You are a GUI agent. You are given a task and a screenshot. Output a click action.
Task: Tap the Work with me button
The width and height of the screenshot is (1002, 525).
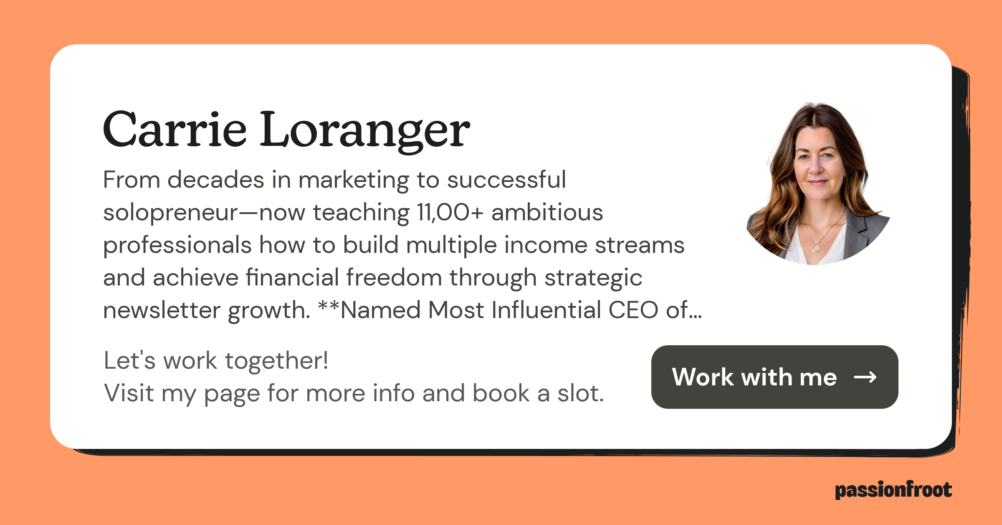(774, 377)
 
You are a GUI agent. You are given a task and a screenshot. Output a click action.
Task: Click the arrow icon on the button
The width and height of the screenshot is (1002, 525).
(865, 377)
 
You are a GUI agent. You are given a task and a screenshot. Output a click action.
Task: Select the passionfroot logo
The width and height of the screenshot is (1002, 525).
(893, 490)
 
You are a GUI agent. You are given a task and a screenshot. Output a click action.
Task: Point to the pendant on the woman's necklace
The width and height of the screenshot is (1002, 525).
(815, 249)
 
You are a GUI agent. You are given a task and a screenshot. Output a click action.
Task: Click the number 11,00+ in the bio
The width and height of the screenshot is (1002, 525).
(450, 213)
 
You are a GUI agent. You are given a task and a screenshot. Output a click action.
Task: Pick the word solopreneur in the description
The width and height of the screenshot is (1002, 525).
(170, 213)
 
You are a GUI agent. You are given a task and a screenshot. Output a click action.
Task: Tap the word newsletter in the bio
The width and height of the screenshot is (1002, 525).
(162, 311)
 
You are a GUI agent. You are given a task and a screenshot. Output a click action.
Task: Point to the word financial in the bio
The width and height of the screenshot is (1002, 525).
(292, 278)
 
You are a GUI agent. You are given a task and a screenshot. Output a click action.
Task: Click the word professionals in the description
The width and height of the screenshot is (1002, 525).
(177, 245)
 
